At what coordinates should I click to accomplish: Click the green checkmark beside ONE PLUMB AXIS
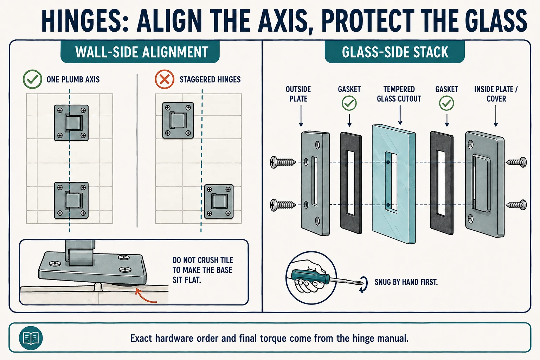(x=32, y=79)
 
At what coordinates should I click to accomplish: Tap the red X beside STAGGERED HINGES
(x=165, y=79)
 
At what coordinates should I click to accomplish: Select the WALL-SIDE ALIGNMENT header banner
(x=140, y=52)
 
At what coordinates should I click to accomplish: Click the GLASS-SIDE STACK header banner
(x=395, y=52)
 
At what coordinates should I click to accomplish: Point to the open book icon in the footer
(x=31, y=338)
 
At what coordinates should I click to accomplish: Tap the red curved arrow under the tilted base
(x=144, y=296)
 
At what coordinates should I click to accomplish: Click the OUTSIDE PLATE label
(x=298, y=94)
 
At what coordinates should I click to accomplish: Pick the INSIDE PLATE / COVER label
(x=496, y=94)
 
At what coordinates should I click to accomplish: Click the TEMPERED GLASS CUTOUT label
(x=399, y=94)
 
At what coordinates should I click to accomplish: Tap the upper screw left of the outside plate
(x=283, y=162)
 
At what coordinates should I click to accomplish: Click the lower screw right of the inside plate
(x=516, y=205)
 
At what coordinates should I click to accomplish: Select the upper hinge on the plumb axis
(x=71, y=123)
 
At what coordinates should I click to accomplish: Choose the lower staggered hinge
(x=219, y=201)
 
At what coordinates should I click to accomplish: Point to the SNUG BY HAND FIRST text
(x=406, y=282)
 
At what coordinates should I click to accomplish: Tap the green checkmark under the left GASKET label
(x=349, y=103)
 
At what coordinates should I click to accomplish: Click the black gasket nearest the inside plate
(x=442, y=183)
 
